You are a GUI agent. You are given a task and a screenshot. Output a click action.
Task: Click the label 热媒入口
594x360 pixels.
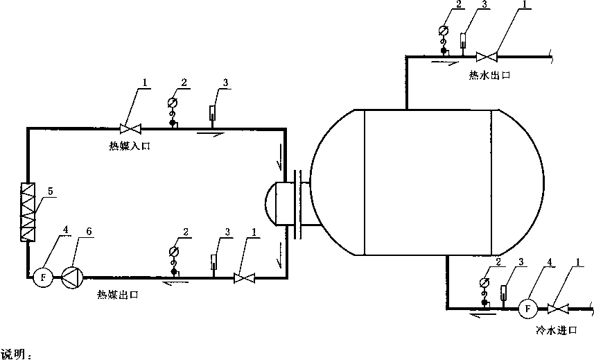tap(130, 146)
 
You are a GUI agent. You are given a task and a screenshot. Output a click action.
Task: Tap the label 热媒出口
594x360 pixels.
tap(118, 294)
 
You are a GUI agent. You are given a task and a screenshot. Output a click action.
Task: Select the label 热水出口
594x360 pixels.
tap(489, 75)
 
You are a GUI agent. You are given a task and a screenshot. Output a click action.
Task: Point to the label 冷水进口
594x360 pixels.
tap(557, 330)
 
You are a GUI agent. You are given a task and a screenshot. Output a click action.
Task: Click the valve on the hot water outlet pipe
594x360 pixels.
tap(487, 57)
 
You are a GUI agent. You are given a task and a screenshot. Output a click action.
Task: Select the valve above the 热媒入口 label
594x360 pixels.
tap(130, 129)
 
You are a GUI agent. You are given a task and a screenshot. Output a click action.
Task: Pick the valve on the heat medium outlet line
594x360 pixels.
tap(245, 278)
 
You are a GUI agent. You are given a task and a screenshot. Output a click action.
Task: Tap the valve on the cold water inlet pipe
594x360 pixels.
tap(559, 309)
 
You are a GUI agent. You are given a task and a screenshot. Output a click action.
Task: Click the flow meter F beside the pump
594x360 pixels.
tap(43, 277)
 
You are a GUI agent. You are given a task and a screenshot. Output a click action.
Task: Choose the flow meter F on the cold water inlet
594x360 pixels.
tap(527, 309)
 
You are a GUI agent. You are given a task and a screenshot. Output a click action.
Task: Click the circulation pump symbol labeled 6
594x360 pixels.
tap(72, 277)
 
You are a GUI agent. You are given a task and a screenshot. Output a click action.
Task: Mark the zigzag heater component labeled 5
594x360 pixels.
tap(28, 212)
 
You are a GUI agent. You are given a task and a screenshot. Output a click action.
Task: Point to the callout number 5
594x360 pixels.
tap(51, 191)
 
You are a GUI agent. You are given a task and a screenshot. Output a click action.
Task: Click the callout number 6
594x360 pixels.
tap(89, 231)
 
